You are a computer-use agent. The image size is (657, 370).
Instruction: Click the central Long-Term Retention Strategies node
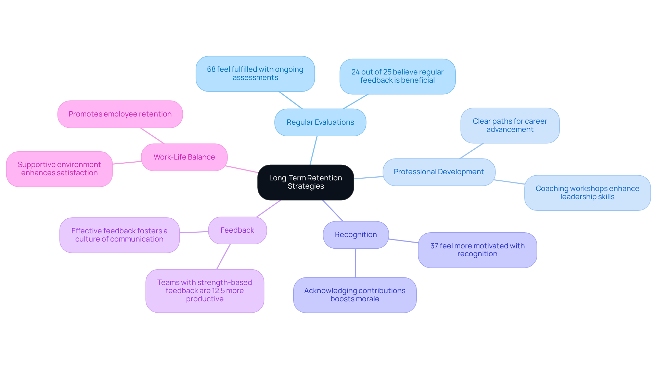coord(306,182)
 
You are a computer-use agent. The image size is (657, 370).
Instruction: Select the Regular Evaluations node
coord(320,122)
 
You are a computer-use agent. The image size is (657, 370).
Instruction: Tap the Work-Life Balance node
coord(184,157)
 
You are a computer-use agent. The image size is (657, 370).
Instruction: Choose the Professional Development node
coord(439,172)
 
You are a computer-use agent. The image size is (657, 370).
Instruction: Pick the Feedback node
coord(237,230)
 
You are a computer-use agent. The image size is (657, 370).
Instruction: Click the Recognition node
coord(356,235)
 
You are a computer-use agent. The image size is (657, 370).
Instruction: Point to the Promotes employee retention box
coord(120,114)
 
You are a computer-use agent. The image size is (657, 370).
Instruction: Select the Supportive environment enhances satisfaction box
coord(59,169)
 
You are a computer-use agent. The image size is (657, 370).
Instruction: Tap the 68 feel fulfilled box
coord(255,73)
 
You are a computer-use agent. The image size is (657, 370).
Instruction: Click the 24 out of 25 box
coord(397,76)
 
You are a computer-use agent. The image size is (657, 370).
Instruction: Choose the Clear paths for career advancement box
coord(510,125)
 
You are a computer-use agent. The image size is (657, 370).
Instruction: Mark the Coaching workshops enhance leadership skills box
coord(587,193)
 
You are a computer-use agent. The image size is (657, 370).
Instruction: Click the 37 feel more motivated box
coord(477,250)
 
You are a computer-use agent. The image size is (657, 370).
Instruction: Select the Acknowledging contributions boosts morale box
coord(355,295)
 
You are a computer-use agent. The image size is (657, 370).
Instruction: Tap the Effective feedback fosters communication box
coord(119,235)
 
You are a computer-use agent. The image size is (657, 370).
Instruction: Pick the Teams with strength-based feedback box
coord(205,291)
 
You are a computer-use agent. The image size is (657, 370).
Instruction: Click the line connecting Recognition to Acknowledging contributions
coord(356,263)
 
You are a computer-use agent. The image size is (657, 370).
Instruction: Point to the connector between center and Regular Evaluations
coord(313,150)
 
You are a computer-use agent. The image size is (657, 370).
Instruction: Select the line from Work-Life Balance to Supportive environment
coord(127,163)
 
